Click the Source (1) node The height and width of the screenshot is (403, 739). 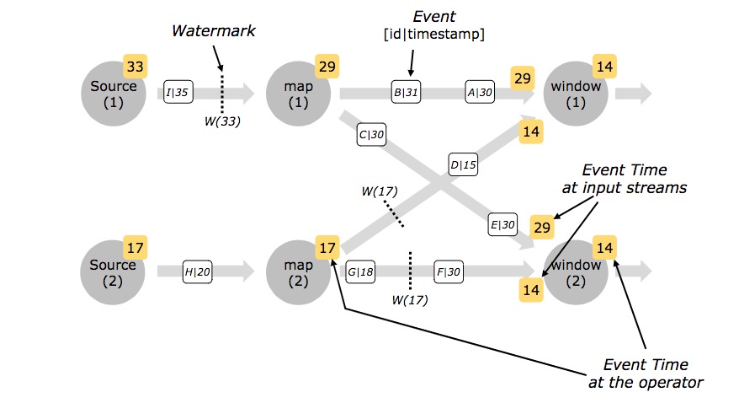click(113, 94)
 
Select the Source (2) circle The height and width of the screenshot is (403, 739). click(113, 272)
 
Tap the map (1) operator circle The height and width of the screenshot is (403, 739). click(298, 94)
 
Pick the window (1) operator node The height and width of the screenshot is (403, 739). click(576, 94)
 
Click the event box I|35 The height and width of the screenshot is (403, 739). click(178, 92)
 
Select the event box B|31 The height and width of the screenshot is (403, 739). click(407, 92)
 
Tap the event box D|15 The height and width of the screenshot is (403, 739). click(463, 164)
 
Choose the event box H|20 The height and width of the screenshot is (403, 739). click(198, 271)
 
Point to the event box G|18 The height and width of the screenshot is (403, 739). click(360, 271)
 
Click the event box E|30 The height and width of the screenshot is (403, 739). click(502, 224)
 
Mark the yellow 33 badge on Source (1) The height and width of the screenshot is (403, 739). click(136, 66)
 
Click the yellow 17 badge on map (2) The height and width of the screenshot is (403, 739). click(327, 247)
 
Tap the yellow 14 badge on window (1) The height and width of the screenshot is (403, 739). click(604, 67)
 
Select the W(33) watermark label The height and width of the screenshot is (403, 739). click(222, 121)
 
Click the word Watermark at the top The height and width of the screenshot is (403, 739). click(214, 30)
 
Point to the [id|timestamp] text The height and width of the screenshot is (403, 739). click(434, 35)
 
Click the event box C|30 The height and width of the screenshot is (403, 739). click(371, 135)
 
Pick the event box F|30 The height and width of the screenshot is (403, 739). click(449, 271)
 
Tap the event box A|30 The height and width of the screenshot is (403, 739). click(481, 92)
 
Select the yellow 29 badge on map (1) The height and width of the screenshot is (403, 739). click(327, 67)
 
